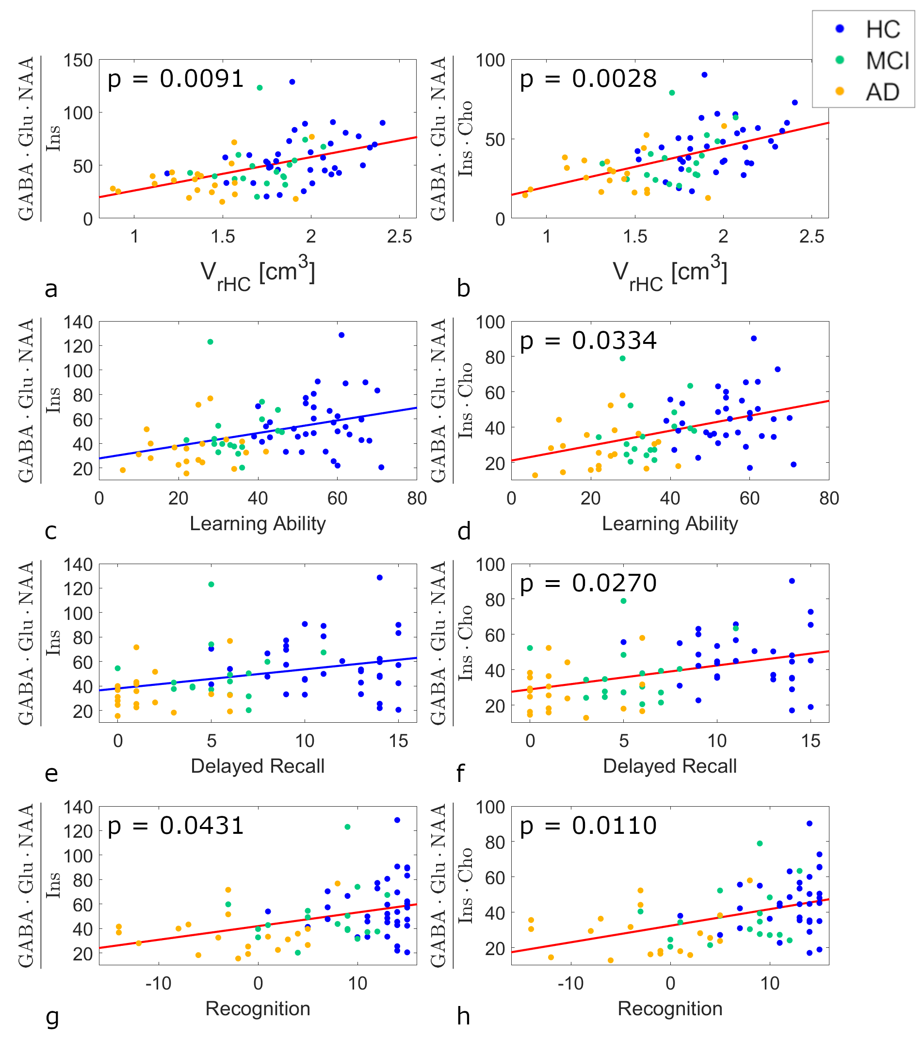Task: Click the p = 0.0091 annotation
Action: pyautogui.click(x=176, y=79)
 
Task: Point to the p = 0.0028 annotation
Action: pyautogui.click(x=588, y=79)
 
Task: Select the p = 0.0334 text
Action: pyautogui.click(x=588, y=341)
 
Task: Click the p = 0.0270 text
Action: pyautogui.click(x=588, y=583)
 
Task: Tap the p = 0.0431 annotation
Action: pyautogui.click(x=176, y=826)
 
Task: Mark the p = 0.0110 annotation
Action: pyautogui.click(x=588, y=826)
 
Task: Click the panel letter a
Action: pyautogui.click(x=51, y=289)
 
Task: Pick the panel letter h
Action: pyautogui.click(x=463, y=1017)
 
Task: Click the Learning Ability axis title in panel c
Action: pyautogui.click(x=258, y=523)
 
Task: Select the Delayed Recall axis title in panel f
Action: pyautogui.click(x=670, y=766)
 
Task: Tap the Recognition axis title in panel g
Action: pyautogui.click(x=258, y=1008)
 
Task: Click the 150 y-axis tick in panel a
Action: pyautogui.click(x=78, y=61)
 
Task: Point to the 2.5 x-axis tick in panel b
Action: pyautogui.click(x=811, y=236)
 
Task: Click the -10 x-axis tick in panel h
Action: pyautogui.click(x=570, y=984)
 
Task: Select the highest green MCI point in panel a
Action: pyautogui.click(x=259, y=88)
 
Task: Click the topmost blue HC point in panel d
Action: pyautogui.click(x=754, y=339)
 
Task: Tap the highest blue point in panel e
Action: pyautogui.click(x=380, y=577)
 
